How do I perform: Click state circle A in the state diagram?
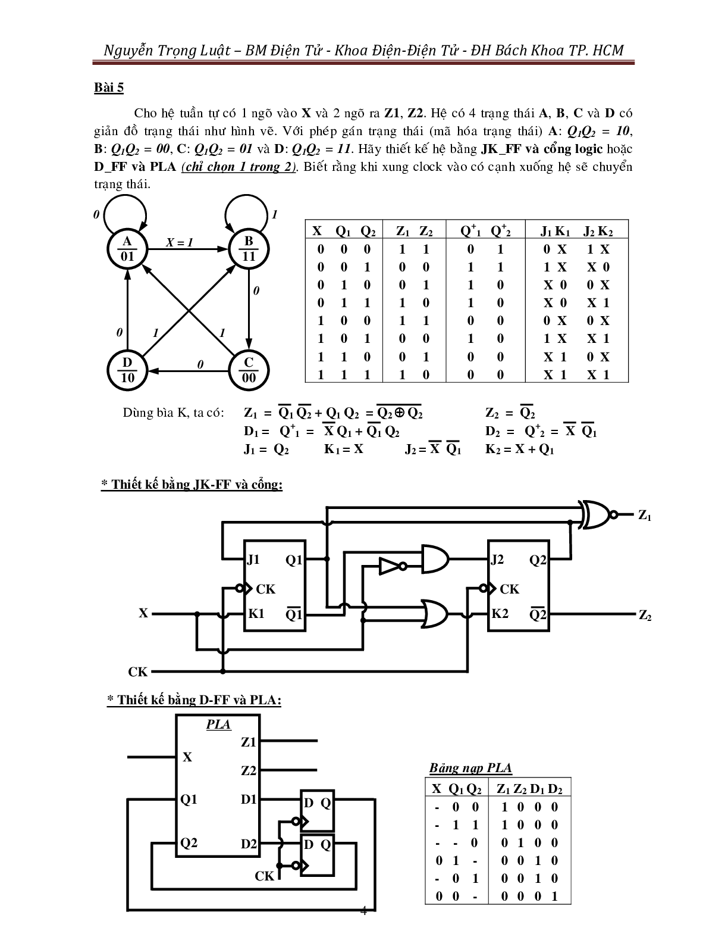click(127, 249)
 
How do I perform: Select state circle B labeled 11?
click(249, 249)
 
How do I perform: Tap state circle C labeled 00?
click(249, 370)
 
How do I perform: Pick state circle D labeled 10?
click(127, 370)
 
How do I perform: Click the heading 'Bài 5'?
click(109, 88)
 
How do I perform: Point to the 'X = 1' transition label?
click(180, 242)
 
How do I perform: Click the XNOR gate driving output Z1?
click(597, 514)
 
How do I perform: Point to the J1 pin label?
click(253, 560)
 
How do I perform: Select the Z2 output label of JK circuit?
click(645, 616)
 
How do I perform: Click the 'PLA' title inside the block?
click(218, 725)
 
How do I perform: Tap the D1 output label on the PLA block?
click(249, 800)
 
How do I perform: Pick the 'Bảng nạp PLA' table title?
click(470, 768)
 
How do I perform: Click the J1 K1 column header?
click(555, 232)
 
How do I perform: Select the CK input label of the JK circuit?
click(137, 672)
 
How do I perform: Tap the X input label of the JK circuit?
click(143, 613)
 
